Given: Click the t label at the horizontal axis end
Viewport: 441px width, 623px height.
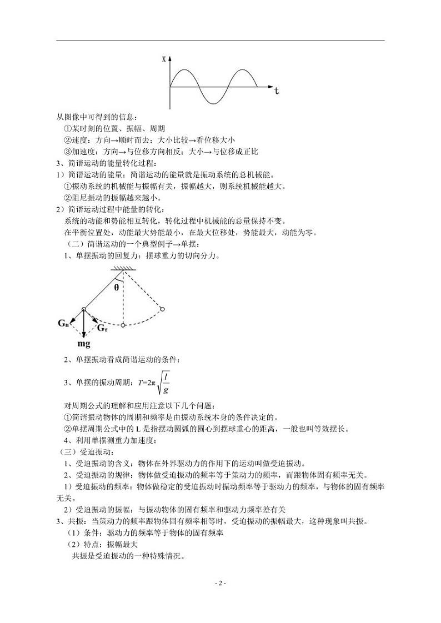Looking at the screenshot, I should pos(276,91).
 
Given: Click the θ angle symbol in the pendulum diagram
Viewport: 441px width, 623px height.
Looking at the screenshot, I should pos(117,288).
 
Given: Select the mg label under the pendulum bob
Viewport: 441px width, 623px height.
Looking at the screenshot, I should pos(84,343).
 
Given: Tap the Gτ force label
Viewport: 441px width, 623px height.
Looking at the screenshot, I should pos(102,328).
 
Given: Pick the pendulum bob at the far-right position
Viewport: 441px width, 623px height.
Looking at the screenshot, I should pos(163,309).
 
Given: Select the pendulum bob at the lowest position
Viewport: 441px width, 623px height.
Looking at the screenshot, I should pos(123,325).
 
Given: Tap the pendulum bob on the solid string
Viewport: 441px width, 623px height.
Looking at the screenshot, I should pos(83,309).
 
